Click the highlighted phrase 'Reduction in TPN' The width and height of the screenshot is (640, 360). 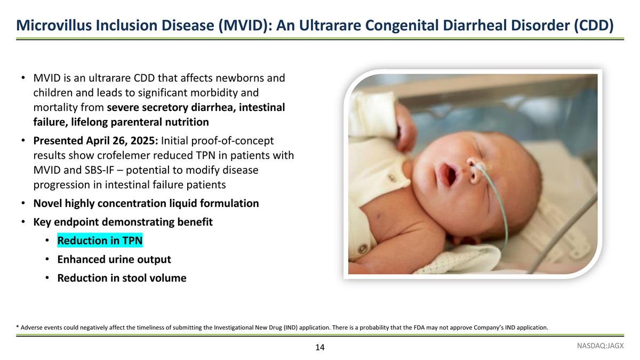pos(100,241)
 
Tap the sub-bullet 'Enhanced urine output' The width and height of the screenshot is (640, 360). pos(114,259)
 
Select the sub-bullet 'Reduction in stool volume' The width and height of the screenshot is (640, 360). pos(122,278)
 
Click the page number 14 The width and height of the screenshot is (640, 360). pos(319,348)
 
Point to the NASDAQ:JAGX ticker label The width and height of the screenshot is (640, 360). pos(601,346)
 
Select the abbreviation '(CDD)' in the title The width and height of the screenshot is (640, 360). pos(593,25)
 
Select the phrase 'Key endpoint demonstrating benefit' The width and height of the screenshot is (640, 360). pos(123,222)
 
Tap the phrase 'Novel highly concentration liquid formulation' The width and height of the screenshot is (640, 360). pos(146,203)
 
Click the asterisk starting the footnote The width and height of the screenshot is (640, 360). pos(18,327)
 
